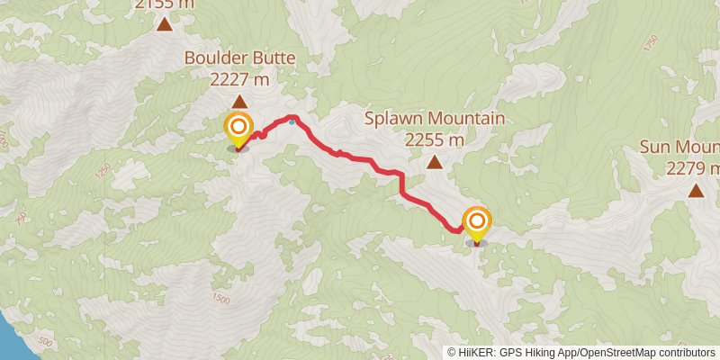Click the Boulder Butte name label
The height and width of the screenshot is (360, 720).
click(x=239, y=59)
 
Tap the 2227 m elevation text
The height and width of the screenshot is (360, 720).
click(x=239, y=79)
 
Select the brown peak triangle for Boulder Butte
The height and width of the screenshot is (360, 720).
click(x=239, y=102)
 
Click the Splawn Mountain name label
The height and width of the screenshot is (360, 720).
click(x=435, y=119)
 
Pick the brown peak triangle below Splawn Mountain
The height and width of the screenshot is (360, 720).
click(x=435, y=162)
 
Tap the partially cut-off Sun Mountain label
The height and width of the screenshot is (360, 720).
click(x=679, y=147)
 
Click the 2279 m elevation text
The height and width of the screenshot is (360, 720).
click(x=692, y=167)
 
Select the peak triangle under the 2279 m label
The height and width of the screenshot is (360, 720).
click(x=696, y=190)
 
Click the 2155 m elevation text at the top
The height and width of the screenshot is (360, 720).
click(x=164, y=4)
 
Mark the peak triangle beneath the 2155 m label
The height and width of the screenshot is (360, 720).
click(x=164, y=24)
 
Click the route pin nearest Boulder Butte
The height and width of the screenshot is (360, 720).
click(x=238, y=128)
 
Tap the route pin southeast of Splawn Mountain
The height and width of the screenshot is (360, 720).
click(x=476, y=221)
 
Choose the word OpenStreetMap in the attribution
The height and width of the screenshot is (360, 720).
click(x=618, y=353)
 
